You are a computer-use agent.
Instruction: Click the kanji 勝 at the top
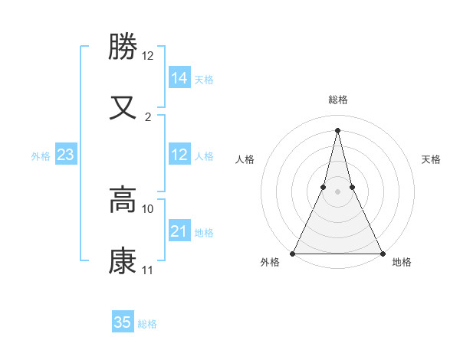pos(123,47)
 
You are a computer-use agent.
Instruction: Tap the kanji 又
pos(123,107)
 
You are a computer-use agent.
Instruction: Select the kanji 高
pos(123,201)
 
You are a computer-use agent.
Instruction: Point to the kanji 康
pos(123,261)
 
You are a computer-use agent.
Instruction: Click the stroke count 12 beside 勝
pos(148,56)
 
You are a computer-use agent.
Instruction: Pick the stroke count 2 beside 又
pos(148,117)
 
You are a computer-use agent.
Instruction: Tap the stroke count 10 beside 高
pos(148,208)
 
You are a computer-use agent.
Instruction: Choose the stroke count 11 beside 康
pos(148,270)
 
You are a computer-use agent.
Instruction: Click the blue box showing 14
pos(179,78)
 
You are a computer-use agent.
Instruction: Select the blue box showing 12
pos(179,155)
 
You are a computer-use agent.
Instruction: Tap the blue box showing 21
pos(179,231)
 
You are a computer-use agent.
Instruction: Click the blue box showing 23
pos(66,155)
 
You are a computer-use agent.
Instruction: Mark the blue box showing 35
pos(123,322)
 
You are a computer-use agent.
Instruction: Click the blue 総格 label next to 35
pos(147,324)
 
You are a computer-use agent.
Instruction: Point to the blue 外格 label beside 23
pos(41,156)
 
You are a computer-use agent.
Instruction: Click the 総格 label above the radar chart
pos(337,100)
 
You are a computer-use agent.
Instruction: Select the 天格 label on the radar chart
pos(432,159)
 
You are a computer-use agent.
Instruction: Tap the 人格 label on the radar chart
pos(245,159)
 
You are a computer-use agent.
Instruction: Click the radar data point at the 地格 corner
pos(382,253)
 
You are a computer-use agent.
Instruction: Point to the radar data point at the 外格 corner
pos(293,253)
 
